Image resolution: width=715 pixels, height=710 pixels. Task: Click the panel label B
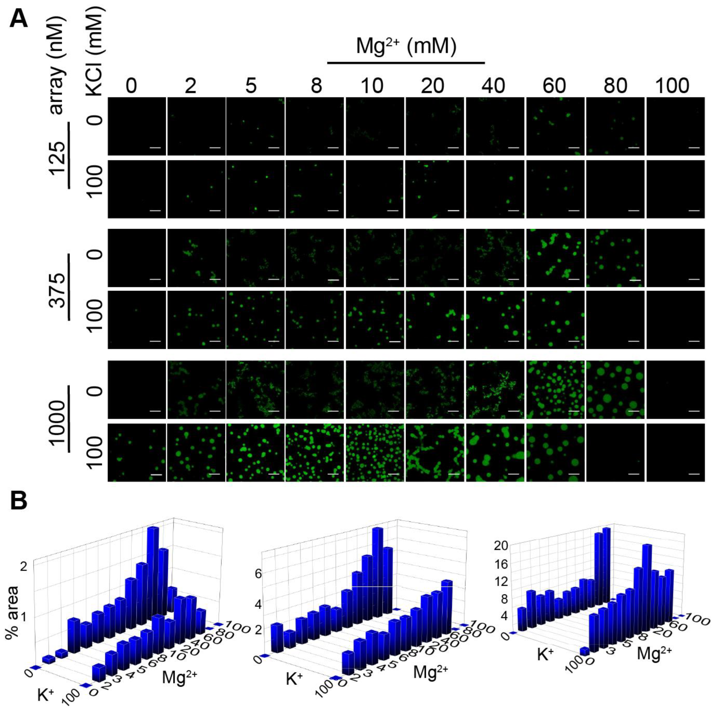[18, 502]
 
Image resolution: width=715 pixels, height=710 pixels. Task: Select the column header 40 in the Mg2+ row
[494, 86]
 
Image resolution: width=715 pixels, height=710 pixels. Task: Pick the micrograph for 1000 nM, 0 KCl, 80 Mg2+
[615, 389]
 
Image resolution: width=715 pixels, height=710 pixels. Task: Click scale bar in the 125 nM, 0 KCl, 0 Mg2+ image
[155, 148]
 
